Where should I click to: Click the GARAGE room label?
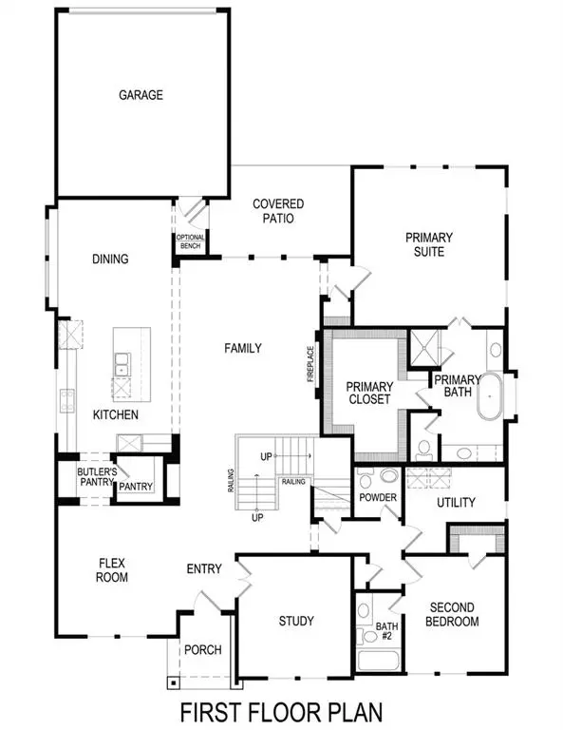pyautogui.click(x=141, y=95)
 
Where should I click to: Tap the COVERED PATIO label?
pyautogui.click(x=278, y=211)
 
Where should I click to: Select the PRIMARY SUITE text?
pyautogui.click(x=429, y=244)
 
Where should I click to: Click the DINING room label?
pyautogui.click(x=110, y=259)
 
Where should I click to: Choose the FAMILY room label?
pyautogui.click(x=242, y=349)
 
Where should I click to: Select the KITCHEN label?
pyautogui.click(x=116, y=415)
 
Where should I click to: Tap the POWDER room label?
pyautogui.click(x=378, y=498)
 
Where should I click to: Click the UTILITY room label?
pyautogui.click(x=456, y=502)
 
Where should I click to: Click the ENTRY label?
pyautogui.click(x=204, y=569)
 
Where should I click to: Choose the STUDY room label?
pyautogui.click(x=296, y=622)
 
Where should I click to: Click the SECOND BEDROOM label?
pyautogui.click(x=454, y=615)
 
